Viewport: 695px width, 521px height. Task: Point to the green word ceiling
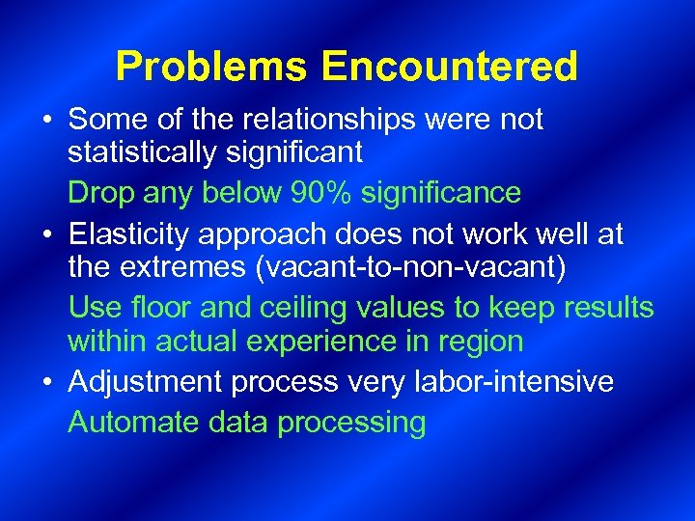point(313,308)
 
